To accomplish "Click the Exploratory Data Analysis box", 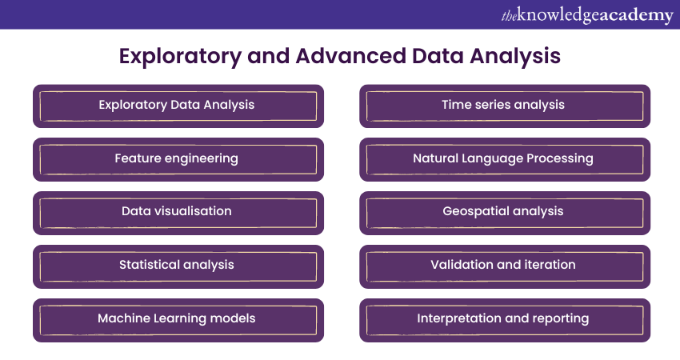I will point(178,106).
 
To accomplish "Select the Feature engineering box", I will point(178,159).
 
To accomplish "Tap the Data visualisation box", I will point(178,212).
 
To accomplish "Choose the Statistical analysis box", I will point(178,266).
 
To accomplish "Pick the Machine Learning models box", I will point(178,319).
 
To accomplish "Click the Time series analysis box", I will point(504,106).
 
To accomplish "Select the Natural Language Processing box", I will point(504,159).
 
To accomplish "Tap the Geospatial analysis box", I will point(504,212).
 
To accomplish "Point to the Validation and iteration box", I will point(504,266).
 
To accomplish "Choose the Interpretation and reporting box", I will point(504,319).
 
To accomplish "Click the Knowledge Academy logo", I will point(586,15).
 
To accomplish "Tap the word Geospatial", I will point(474,212).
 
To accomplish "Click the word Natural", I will point(438,158).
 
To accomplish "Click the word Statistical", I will point(149,265).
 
